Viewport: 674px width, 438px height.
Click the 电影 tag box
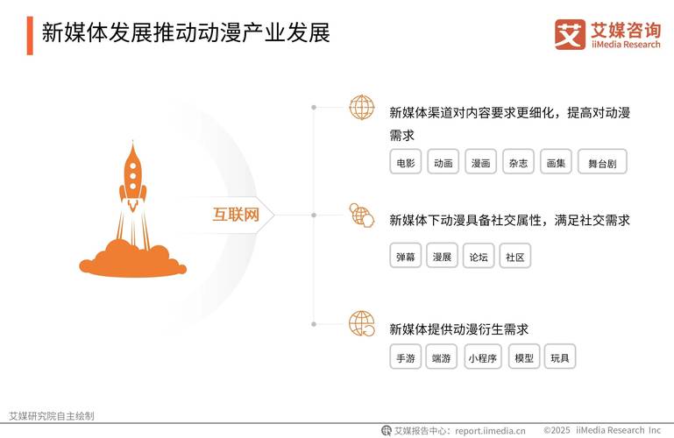coord(406,162)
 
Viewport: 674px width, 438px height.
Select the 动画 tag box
coord(443,162)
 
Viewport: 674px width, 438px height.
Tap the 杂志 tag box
coord(517,162)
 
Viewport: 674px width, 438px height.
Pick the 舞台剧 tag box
coord(602,162)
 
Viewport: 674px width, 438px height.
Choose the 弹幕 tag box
coord(406,257)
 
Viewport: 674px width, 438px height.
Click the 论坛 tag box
coord(479,257)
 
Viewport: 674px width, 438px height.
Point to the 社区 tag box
coord(515,257)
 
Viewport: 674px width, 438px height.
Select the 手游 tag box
coord(406,357)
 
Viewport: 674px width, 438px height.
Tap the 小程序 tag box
coord(482,357)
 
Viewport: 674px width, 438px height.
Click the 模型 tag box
coord(524,357)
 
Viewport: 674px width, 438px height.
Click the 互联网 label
coord(236,214)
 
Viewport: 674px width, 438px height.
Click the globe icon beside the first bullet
coord(361,108)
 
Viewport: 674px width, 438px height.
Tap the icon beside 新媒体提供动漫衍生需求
coord(361,323)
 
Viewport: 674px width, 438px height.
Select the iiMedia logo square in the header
coord(570,34)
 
